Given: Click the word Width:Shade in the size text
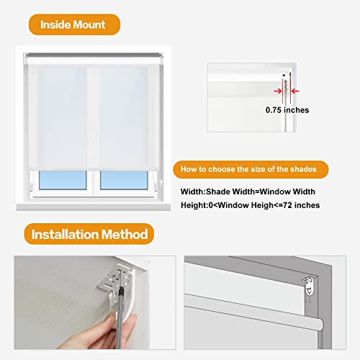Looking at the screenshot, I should pos(208,191).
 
